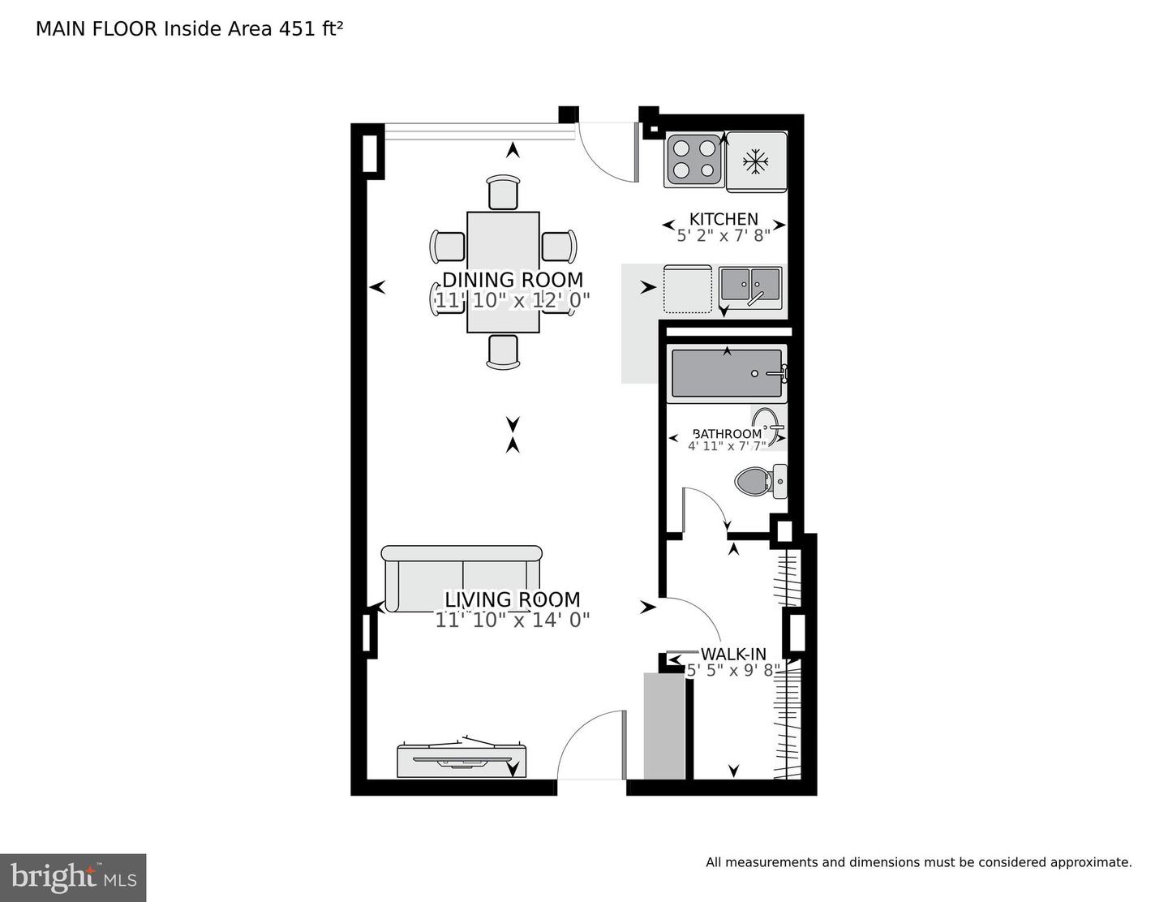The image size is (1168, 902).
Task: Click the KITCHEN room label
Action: click(x=724, y=219)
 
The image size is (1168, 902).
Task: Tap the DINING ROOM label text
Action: click(x=512, y=280)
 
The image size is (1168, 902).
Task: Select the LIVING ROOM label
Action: click(x=512, y=599)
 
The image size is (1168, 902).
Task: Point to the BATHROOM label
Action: click(x=727, y=434)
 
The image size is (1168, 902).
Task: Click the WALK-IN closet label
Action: click(x=733, y=654)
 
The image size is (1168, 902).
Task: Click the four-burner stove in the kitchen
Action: click(x=693, y=160)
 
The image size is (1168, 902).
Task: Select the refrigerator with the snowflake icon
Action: click(x=757, y=161)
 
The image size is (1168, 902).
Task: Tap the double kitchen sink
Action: click(x=750, y=287)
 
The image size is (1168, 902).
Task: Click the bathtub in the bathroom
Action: click(x=727, y=374)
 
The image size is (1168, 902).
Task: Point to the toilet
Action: click(x=759, y=481)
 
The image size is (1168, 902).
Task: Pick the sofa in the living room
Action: click(x=462, y=578)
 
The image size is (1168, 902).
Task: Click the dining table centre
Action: click(x=503, y=272)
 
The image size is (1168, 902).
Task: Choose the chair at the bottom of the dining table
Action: click(x=503, y=352)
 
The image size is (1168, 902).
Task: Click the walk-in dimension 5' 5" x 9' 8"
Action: click(x=733, y=670)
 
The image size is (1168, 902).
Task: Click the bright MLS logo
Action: click(x=73, y=878)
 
